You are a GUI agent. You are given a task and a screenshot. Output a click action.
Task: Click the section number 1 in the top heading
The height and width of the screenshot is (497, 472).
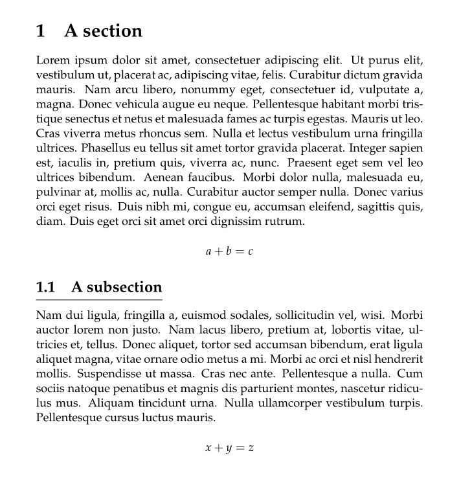coord(41,31)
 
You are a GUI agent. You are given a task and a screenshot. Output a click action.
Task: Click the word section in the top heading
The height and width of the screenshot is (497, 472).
coord(111,31)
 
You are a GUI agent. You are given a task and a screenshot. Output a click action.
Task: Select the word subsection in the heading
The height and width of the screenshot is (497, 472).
coord(124,287)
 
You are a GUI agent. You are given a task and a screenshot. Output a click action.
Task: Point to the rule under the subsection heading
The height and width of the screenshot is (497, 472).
coord(99,300)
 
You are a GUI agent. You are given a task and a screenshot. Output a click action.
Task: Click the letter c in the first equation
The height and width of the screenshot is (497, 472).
coord(250,251)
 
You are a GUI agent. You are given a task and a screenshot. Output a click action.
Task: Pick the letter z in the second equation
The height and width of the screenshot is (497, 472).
coord(251,448)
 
